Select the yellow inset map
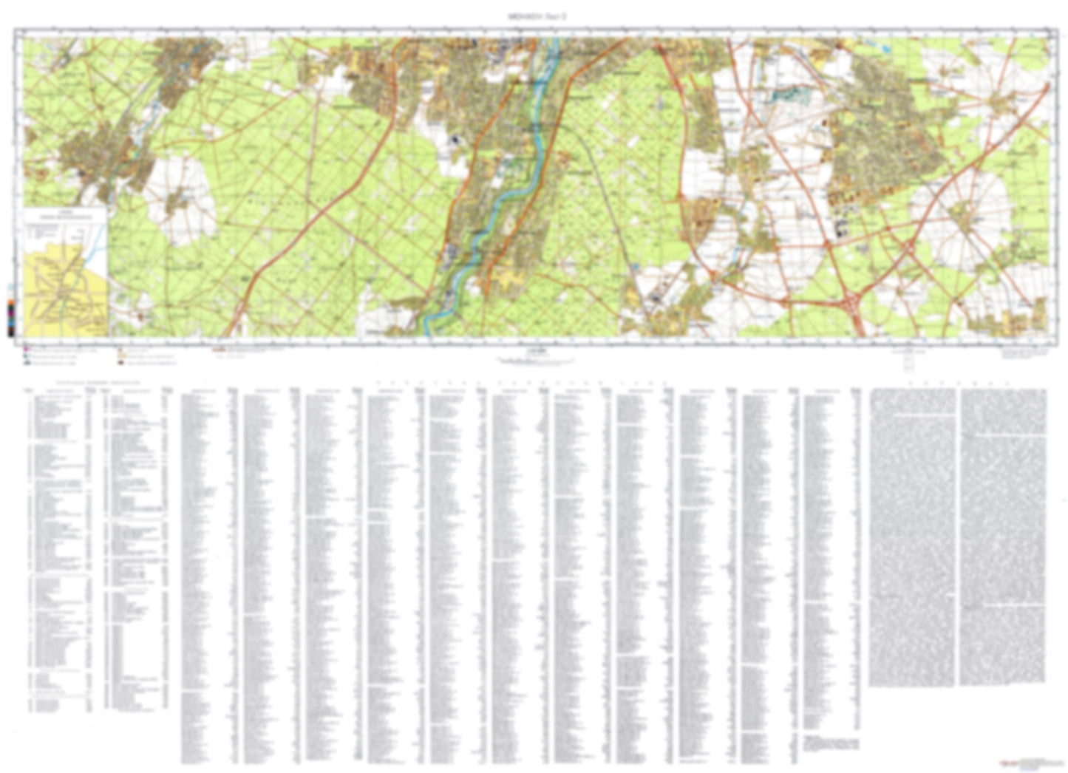[65, 292]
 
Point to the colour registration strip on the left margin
[10, 310]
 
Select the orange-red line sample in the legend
[219, 348]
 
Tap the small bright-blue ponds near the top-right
[883, 50]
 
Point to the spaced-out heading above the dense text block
[959, 384]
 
